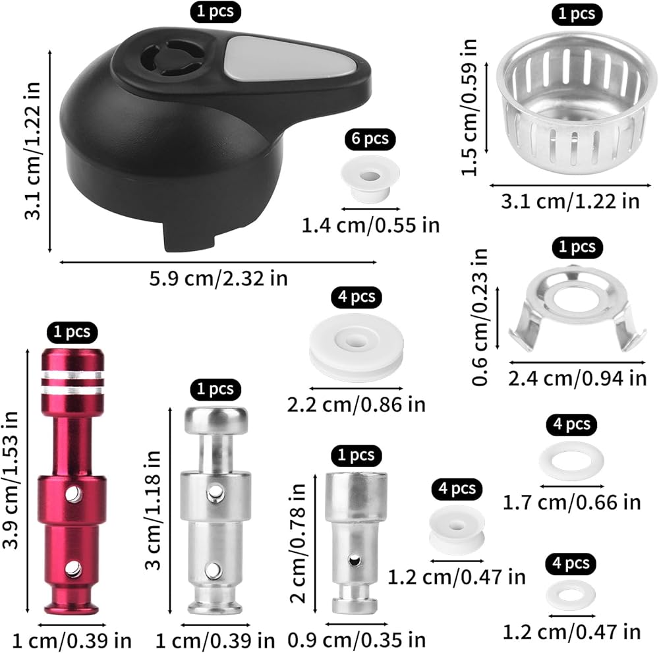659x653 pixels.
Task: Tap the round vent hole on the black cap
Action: (x=171, y=59)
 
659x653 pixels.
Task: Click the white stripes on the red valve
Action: (x=72, y=382)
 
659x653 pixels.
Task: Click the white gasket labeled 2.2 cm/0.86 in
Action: (x=357, y=347)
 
